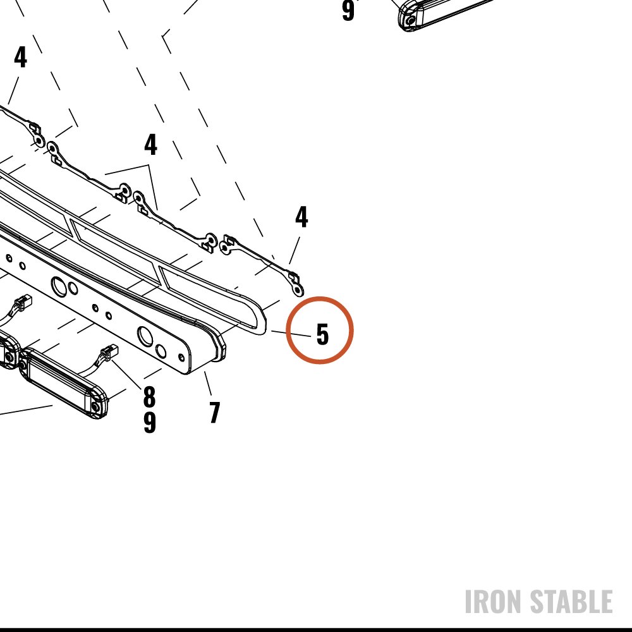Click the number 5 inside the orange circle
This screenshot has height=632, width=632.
point(322,334)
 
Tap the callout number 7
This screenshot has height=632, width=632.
point(215,412)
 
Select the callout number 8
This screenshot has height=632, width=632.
point(149,397)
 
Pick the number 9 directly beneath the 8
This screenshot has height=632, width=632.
point(150,422)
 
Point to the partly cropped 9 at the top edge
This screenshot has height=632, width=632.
point(348,10)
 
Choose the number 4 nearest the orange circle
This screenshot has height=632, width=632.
point(301,217)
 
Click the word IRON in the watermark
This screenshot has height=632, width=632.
point(494,602)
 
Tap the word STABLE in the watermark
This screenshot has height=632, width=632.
point(571,602)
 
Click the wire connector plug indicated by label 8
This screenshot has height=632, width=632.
point(109,352)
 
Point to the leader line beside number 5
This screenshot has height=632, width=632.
point(291,333)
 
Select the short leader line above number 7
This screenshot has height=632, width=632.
point(207,383)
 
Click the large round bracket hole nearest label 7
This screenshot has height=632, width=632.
point(145,337)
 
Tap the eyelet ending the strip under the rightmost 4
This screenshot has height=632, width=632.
point(298,289)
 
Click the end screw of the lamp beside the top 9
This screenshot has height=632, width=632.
point(410,20)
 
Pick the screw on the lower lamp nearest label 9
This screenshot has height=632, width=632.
point(95,407)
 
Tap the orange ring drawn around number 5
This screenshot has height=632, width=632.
point(320,298)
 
